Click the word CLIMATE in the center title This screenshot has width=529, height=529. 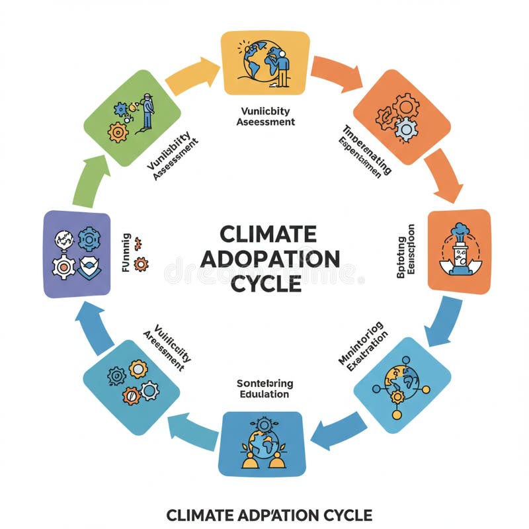(x=268, y=235)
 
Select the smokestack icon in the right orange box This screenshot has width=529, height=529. (x=459, y=248)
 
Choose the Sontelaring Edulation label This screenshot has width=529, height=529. (x=264, y=388)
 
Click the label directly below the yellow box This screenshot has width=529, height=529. (x=264, y=116)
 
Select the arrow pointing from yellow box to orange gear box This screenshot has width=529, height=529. (x=337, y=73)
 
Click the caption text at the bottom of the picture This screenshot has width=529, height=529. (x=268, y=514)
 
